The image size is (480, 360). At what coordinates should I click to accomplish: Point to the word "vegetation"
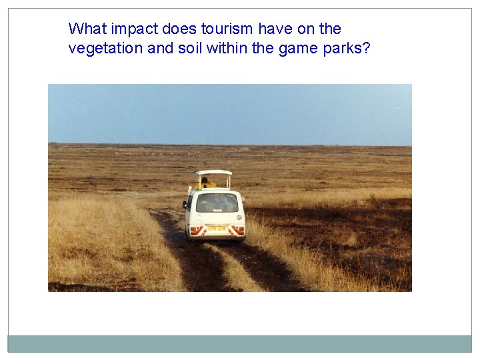pyautogui.click(x=102, y=49)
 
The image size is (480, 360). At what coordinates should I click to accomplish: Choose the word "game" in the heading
pyautogui.click(x=295, y=49)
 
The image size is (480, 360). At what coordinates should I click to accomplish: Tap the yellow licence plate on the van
pyautogui.click(x=216, y=229)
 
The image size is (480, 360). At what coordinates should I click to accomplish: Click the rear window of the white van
pyautogui.click(x=217, y=203)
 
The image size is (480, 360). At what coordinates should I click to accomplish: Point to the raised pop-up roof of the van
pyautogui.click(x=213, y=172)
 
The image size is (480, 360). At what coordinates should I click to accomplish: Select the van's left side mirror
pyautogui.click(x=185, y=203)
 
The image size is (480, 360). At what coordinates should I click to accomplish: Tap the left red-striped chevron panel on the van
pyautogui.click(x=197, y=230)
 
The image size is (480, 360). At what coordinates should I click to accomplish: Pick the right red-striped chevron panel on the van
pyautogui.click(x=237, y=230)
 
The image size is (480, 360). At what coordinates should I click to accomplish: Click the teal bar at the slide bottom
pyautogui.click(x=240, y=343)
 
